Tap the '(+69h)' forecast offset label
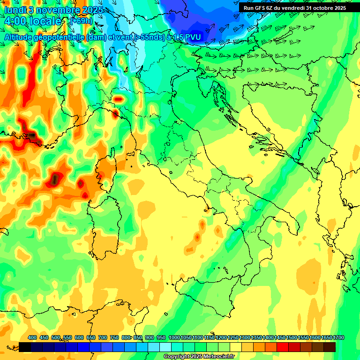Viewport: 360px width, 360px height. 81,21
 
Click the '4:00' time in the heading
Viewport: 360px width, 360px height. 15,22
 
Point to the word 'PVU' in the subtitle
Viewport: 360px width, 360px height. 191,37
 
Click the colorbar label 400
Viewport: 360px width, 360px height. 32,337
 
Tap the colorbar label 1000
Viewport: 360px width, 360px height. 174,337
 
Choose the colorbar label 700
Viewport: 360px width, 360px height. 103,337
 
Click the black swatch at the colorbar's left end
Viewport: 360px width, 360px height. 25,347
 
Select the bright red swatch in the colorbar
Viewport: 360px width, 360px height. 283,347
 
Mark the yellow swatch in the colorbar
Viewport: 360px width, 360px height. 236,347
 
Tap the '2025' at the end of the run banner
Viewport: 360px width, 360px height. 340,8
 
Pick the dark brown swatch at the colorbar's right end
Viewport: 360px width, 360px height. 330,347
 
